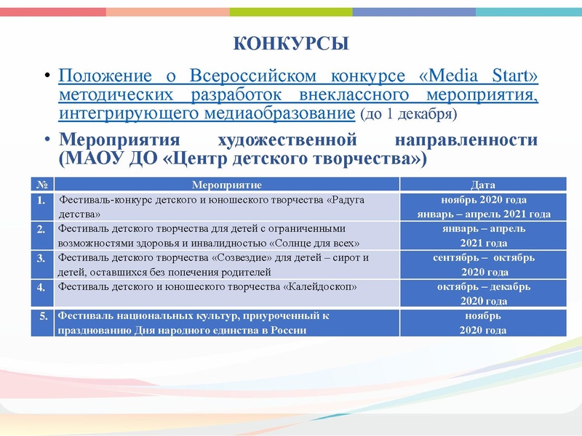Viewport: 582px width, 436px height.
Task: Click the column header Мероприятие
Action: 226,185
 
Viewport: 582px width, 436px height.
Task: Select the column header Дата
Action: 484,185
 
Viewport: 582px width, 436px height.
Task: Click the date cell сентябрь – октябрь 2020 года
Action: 484,265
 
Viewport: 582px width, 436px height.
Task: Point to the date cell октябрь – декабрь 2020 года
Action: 484,294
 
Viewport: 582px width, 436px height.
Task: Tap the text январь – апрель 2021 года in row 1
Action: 484,214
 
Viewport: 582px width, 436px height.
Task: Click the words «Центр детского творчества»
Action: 291,158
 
